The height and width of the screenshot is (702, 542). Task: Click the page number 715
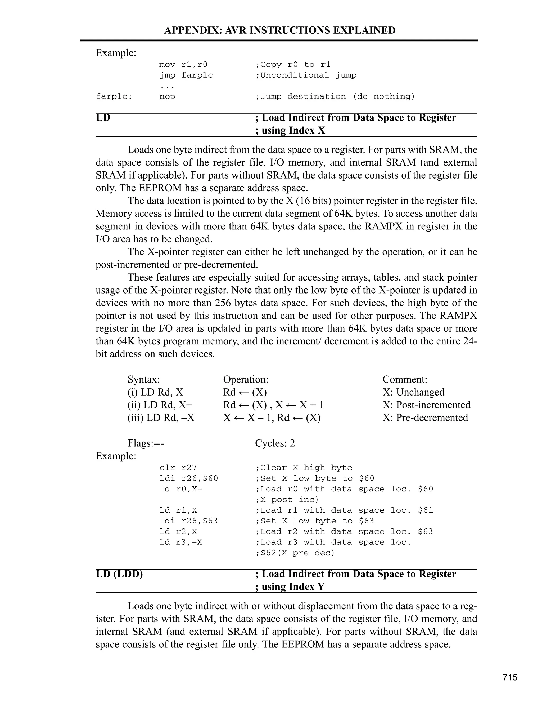pyautogui.click(x=510, y=677)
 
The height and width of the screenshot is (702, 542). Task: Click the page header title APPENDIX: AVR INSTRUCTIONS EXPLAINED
pyautogui.click(x=280, y=30)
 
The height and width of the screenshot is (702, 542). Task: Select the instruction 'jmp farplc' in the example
pyautogui.click(x=186, y=75)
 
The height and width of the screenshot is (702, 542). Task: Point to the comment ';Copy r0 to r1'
pyautogui.click(x=293, y=65)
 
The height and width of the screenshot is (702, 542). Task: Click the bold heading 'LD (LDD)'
pyautogui.click(x=119, y=574)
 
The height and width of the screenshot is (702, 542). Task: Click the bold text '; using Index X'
pyautogui.click(x=290, y=131)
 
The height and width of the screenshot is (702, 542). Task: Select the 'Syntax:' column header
pyautogui.click(x=143, y=379)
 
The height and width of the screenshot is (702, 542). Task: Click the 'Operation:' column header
pyautogui.click(x=246, y=379)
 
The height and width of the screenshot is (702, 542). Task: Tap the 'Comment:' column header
pyautogui.click(x=405, y=379)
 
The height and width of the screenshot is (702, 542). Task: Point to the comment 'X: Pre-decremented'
pyautogui.click(x=425, y=417)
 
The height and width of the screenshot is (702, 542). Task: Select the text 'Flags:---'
pyautogui.click(x=146, y=443)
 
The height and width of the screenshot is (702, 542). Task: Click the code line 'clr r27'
pyautogui.click(x=178, y=468)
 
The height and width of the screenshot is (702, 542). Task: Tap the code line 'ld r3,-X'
pyautogui.click(x=181, y=542)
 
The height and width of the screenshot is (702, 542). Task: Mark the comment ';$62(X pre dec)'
pyautogui.click(x=295, y=553)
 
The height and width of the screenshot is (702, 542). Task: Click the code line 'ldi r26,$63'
pyautogui.click(x=188, y=521)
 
